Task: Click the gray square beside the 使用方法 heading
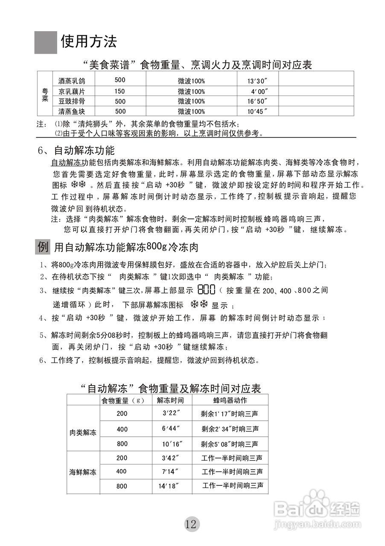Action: tap(46, 42)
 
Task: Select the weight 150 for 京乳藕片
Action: tap(120, 91)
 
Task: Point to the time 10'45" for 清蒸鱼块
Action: tap(257, 111)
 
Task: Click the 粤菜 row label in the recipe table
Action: tap(45, 96)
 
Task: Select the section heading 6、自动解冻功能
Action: tap(76, 151)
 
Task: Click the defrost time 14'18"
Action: tap(168, 486)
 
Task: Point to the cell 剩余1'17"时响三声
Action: tap(229, 414)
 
